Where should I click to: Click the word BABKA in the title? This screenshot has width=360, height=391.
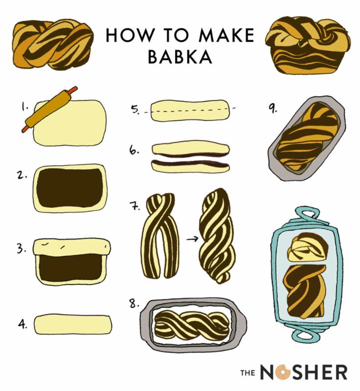click(180, 57)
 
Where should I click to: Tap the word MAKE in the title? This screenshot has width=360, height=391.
click(226, 35)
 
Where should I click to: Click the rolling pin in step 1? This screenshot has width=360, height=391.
click(49, 109)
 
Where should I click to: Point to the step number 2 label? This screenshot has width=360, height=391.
click(22, 175)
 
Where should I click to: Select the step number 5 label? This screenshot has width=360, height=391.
click(135, 109)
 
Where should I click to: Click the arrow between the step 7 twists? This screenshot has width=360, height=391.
click(192, 239)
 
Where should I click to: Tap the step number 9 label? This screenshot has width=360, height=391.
click(272, 109)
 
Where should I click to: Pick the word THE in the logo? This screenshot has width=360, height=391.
click(247, 373)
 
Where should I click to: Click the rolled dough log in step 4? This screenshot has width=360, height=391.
click(73, 324)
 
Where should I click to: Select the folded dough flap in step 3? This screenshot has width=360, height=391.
click(71, 247)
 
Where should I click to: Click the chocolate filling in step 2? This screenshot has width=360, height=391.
click(70, 188)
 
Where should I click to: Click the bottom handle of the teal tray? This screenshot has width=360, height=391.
click(306, 336)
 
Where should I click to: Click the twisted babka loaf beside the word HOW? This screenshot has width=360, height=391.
click(53, 44)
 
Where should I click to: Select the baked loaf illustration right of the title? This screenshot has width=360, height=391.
click(308, 45)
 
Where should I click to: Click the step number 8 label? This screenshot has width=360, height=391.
click(134, 304)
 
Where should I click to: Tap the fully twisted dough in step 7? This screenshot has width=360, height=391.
click(217, 236)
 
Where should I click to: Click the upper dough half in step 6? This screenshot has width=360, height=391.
click(191, 149)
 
